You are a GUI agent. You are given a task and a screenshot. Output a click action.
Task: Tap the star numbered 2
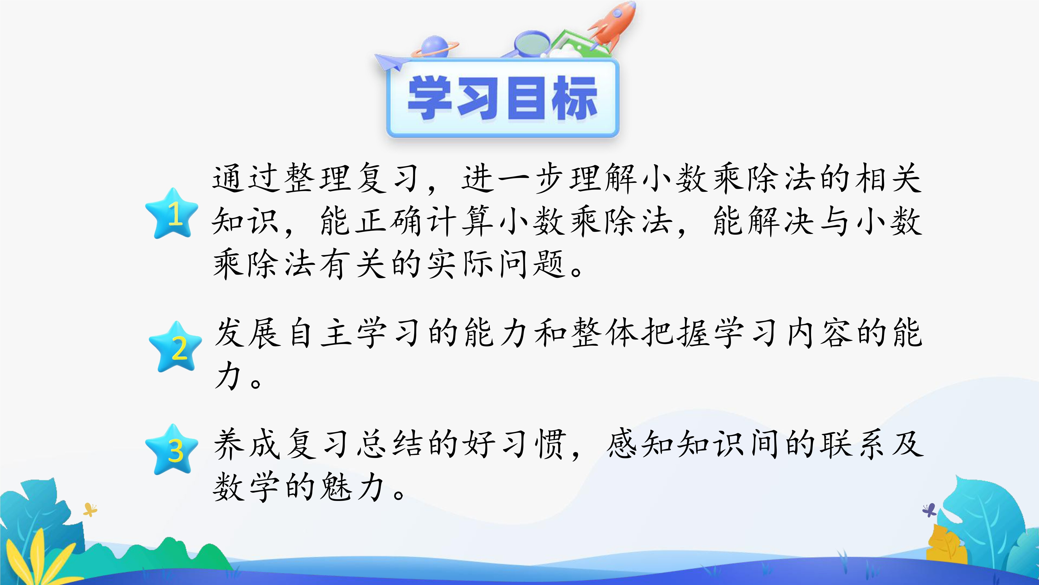(175, 347)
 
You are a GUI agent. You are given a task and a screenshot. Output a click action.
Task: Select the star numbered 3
(172, 449)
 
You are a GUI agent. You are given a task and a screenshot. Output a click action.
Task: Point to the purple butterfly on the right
(930, 510)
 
